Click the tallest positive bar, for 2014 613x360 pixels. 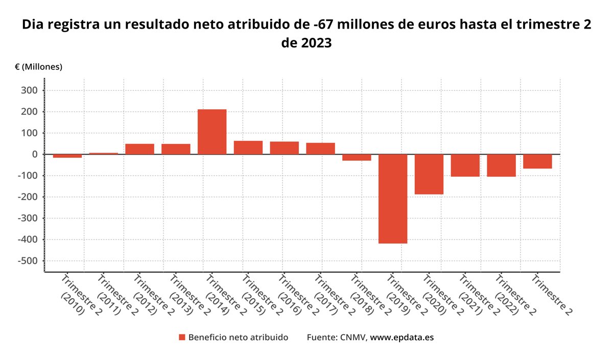tap(212, 132)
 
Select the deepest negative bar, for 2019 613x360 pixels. tap(393, 199)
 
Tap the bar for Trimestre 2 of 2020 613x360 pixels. tap(429, 174)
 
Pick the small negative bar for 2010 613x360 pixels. tap(67, 156)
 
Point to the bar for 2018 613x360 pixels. tap(357, 157)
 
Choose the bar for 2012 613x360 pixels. tap(139, 149)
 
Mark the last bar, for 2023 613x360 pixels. tap(537, 161)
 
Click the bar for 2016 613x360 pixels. tap(285, 148)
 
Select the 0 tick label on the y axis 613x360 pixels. tap(34, 154)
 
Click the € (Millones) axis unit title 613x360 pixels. tap(38, 67)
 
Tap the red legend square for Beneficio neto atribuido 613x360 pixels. tap(182, 338)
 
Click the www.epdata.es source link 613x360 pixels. tap(402, 338)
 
